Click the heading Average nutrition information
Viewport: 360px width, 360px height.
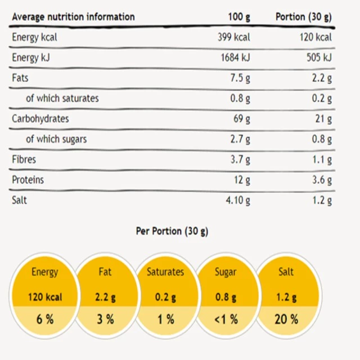[x=73, y=17]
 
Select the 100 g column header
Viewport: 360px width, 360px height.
[x=240, y=17]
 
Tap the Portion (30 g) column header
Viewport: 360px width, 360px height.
[x=304, y=17]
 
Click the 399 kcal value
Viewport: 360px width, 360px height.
[x=234, y=38]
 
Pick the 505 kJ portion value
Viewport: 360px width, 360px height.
[x=318, y=57]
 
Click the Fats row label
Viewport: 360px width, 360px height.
[x=20, y=78]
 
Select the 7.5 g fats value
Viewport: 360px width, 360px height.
[x=240, y=78]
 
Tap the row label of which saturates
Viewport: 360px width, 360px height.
[x=62, y=98]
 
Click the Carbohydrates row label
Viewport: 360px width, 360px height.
[x=40, y=119]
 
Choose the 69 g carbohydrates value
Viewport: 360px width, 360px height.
[x=242, y=119]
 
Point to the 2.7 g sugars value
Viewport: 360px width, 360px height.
[x=240, y=138]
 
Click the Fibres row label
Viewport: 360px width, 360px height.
[x=24, y=159]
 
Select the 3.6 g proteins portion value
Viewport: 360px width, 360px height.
[x=321, y=180]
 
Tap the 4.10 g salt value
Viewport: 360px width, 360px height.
[x=237, y=200]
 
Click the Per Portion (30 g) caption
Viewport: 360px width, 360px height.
[x=172, y=231]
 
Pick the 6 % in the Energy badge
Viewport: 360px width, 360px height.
[x=45, y=319]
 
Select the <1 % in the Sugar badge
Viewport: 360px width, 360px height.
[x=226, y=319]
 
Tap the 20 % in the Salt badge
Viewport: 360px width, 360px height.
[x=286, y=319]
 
